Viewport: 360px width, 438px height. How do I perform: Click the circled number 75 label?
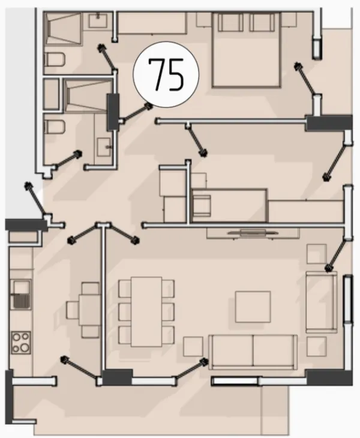(166, 74)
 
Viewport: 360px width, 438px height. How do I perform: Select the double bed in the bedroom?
(246, 50)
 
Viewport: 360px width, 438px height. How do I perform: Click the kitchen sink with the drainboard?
(21, 294)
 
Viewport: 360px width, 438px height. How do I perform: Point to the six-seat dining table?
(146, 311)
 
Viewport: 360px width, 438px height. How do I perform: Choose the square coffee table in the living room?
(253, 307)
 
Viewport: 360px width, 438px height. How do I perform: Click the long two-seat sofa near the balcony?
(253, 352)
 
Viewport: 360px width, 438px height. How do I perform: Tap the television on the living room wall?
(253, 233)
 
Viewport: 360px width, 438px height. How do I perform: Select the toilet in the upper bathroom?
(55, 59)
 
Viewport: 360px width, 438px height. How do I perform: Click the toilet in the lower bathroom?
(55, 127)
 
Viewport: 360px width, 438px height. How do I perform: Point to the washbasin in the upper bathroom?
(98, 20)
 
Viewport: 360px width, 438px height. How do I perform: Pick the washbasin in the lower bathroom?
(104, 147)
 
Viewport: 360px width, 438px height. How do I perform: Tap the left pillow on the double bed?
(230, 23)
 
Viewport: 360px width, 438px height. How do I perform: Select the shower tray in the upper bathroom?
(64, 28)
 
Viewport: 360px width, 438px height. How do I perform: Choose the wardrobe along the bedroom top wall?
(152, 23)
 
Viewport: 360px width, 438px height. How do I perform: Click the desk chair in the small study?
(202, 205)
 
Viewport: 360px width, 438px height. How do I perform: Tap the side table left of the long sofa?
(193, 346)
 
